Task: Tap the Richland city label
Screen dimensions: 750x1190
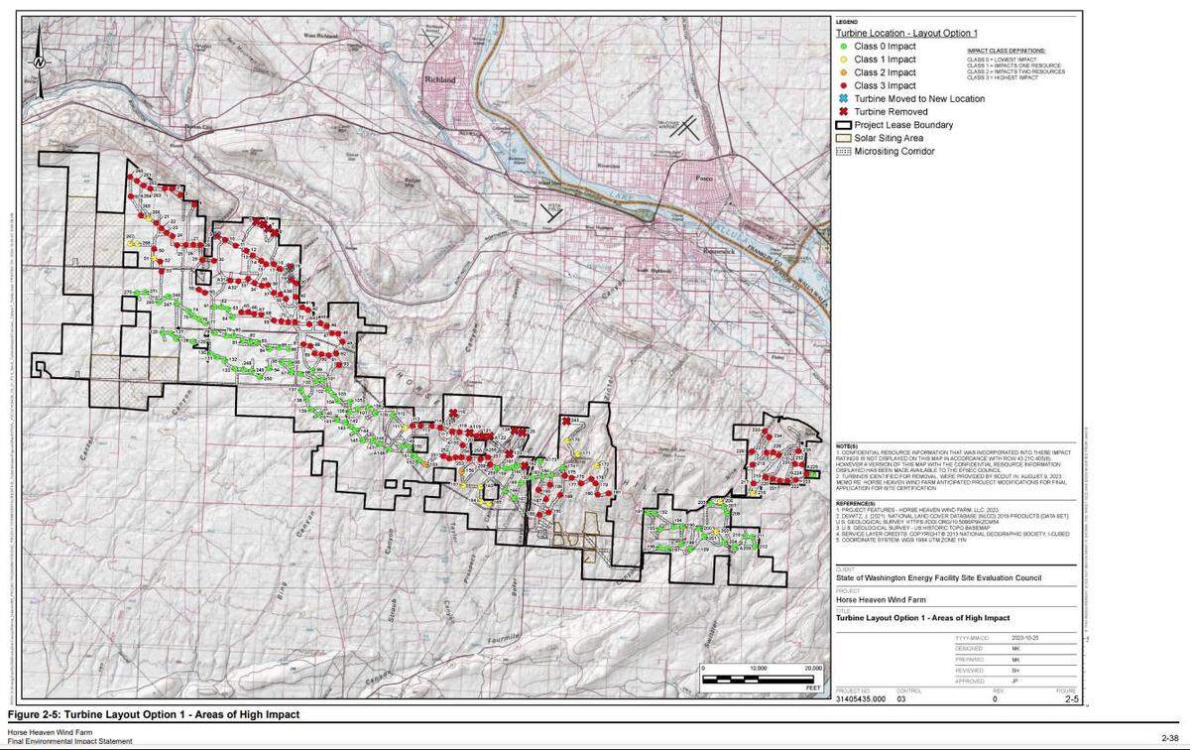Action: coord(441,78)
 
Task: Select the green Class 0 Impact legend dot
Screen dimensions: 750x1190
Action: coord(843,46)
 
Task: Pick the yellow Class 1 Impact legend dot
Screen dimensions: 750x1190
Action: coord(843,60)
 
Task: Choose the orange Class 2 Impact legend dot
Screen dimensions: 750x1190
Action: coord(843,72)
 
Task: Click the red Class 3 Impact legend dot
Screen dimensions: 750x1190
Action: coord(843,85)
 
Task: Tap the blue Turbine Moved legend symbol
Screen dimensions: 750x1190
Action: coord(843,99)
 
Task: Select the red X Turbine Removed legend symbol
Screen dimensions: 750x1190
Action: coord(843,112)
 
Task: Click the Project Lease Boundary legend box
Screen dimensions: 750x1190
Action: coord(844,125)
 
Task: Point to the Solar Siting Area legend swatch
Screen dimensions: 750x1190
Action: coord(844,138)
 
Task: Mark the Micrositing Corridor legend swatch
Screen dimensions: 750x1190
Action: coord(844,151)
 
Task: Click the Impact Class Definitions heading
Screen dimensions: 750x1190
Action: coord(1006,50)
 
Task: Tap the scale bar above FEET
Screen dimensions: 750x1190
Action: coord(764,679)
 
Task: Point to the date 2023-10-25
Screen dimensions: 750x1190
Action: coord(1026,638)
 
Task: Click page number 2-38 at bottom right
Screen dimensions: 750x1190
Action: coord(1169,737)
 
